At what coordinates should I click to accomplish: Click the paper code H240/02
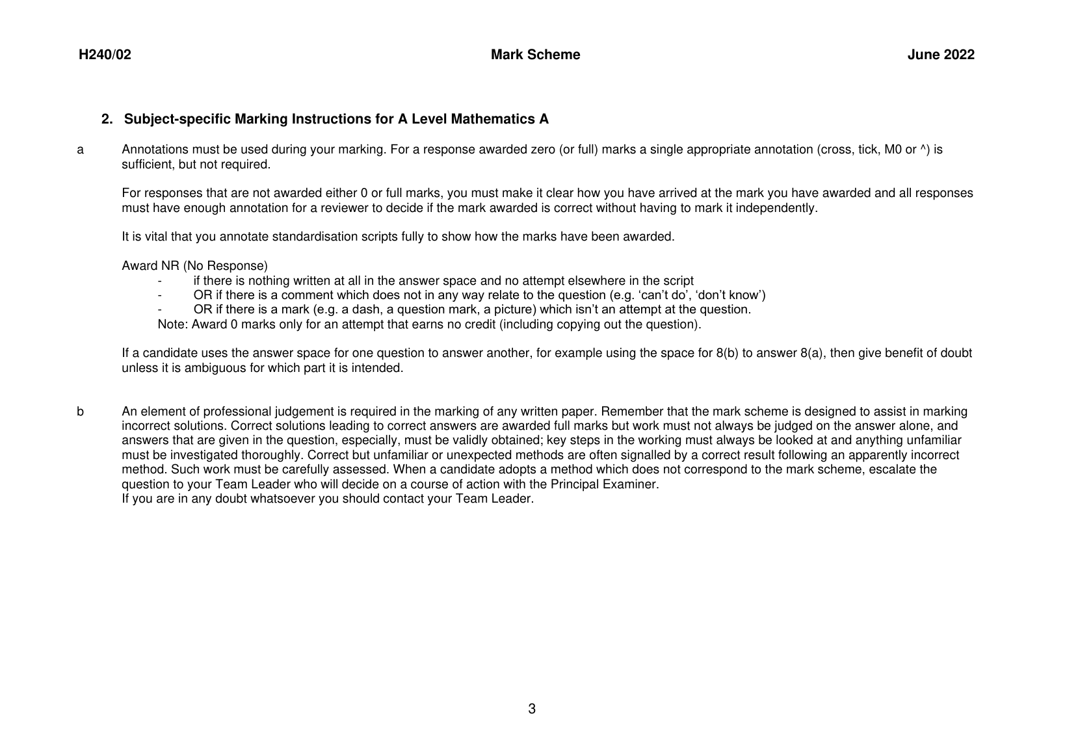(x=105, y=55)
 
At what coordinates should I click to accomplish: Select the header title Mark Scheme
(x=535, y=55)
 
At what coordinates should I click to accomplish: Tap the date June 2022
(x=941, y=55)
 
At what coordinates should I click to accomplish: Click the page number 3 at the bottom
(x=532, y=709)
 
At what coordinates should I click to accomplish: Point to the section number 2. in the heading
(x=107, y=120)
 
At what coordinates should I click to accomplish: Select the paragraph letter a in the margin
(x=81, y=150)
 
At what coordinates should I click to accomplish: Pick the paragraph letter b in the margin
(x=81, y=412)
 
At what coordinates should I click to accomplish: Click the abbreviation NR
(x=170, y=266)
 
